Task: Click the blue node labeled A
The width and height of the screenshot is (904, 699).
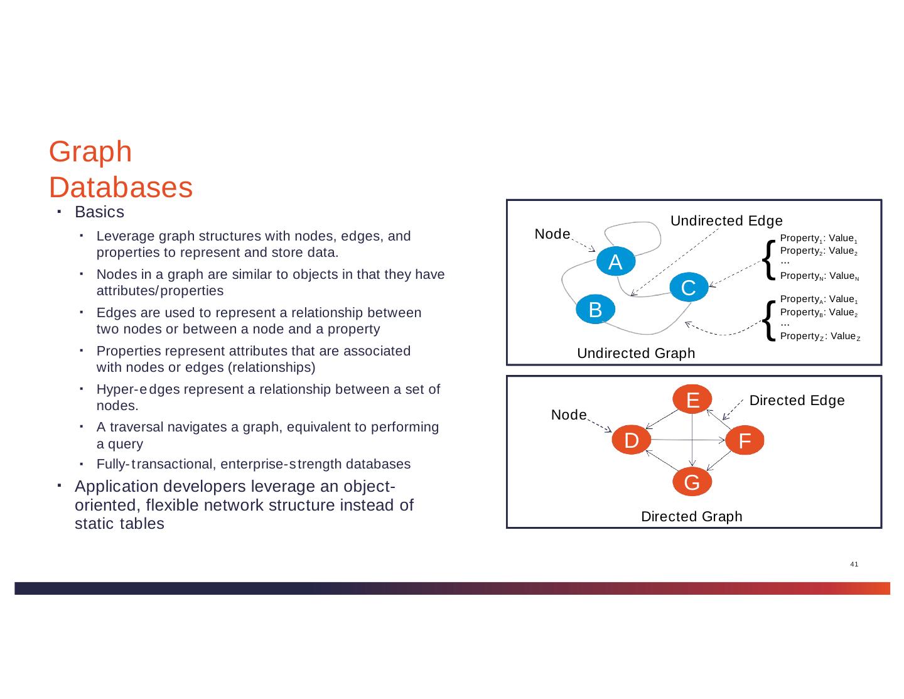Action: coord(615,262)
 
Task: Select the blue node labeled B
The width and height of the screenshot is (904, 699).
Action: coord(595,309)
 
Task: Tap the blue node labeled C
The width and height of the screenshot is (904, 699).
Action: coord(688,288)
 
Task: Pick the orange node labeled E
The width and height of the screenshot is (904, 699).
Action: coord(692,399)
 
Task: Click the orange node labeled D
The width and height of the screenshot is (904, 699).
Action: coord(631,440)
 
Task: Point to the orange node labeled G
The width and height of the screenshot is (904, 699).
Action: coord(692,482)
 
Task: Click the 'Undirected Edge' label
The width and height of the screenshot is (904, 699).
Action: coord(726,220)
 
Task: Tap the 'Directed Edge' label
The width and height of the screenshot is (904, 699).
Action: coord(797,401)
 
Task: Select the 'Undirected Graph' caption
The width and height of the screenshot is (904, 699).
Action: coord(636,354)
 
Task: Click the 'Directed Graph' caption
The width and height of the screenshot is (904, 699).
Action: coord(691,516)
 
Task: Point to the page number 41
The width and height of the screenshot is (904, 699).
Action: coord(854,565)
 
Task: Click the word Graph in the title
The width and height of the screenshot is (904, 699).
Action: coord(90,153)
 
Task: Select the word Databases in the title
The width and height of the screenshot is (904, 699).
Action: coord(121,188)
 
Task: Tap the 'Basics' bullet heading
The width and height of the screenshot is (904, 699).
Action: coord(99,212)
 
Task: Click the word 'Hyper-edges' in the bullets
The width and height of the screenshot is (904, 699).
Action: coord(138,389)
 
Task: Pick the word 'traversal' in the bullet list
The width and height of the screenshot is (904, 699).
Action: coord(132,427)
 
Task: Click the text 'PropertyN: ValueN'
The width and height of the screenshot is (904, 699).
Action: coord(819,276)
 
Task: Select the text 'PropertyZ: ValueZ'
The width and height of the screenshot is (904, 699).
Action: coord(819,337)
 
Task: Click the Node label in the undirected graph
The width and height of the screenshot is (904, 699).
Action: coord(552,234)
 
